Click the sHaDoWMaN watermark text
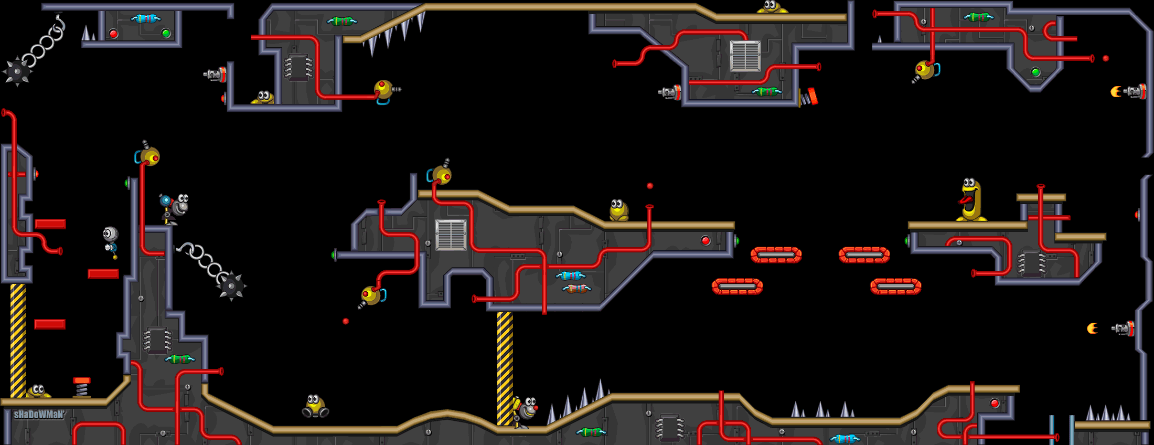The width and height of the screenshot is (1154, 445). point(39,415)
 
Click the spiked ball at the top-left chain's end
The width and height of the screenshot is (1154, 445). point(17,71)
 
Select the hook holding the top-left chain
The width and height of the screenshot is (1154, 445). point(59,22)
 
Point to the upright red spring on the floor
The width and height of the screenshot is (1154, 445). point(81,387)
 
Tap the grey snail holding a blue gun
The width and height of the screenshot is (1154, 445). point(175,207)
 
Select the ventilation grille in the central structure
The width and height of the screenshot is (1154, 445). point(451,235)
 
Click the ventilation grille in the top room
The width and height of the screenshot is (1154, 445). point(745,56)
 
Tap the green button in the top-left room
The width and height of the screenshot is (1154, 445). point(166,34)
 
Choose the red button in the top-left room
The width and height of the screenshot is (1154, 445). point(113,34)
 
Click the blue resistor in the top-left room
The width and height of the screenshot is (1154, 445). point(146,19)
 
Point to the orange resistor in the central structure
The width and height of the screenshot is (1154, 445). point(576,288)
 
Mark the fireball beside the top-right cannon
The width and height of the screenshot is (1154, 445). point(1115,92)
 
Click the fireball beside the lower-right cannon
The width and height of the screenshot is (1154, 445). point(1092,329)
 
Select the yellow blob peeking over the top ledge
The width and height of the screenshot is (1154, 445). point(771,7)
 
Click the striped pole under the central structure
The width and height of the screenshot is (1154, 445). point(505,367)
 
